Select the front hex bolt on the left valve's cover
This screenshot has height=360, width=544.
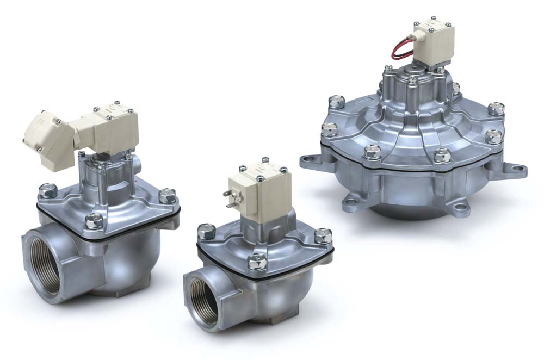click(94, 221)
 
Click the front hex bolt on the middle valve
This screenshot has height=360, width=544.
click(256, 263)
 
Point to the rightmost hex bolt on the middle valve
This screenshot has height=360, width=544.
click(323, 235)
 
